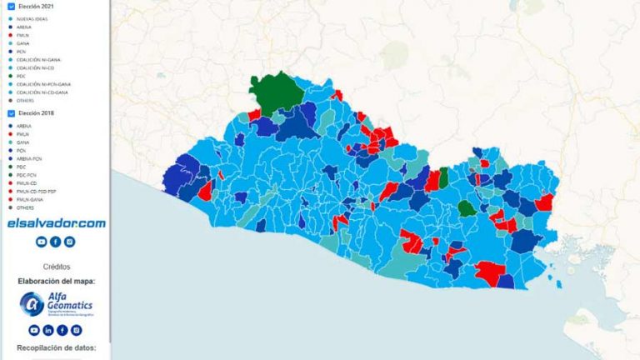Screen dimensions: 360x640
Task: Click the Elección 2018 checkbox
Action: point(10,112)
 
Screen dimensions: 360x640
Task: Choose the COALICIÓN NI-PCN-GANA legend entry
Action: point(42,83)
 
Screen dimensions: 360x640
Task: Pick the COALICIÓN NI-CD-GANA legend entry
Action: point(41,92)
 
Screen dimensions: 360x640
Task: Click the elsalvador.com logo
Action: point(56,223)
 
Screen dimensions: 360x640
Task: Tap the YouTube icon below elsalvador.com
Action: point(41,242)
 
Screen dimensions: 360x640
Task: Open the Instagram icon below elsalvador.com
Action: point(70,242)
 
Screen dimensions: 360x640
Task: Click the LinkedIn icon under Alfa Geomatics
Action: point(48,330)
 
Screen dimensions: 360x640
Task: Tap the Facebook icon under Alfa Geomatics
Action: point(62,330)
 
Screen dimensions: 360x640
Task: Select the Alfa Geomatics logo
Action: point(55,304)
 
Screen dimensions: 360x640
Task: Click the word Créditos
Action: point(56,267)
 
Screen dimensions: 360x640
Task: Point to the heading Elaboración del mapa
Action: point(56,281)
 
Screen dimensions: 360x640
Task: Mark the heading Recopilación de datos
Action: point(56,347)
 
